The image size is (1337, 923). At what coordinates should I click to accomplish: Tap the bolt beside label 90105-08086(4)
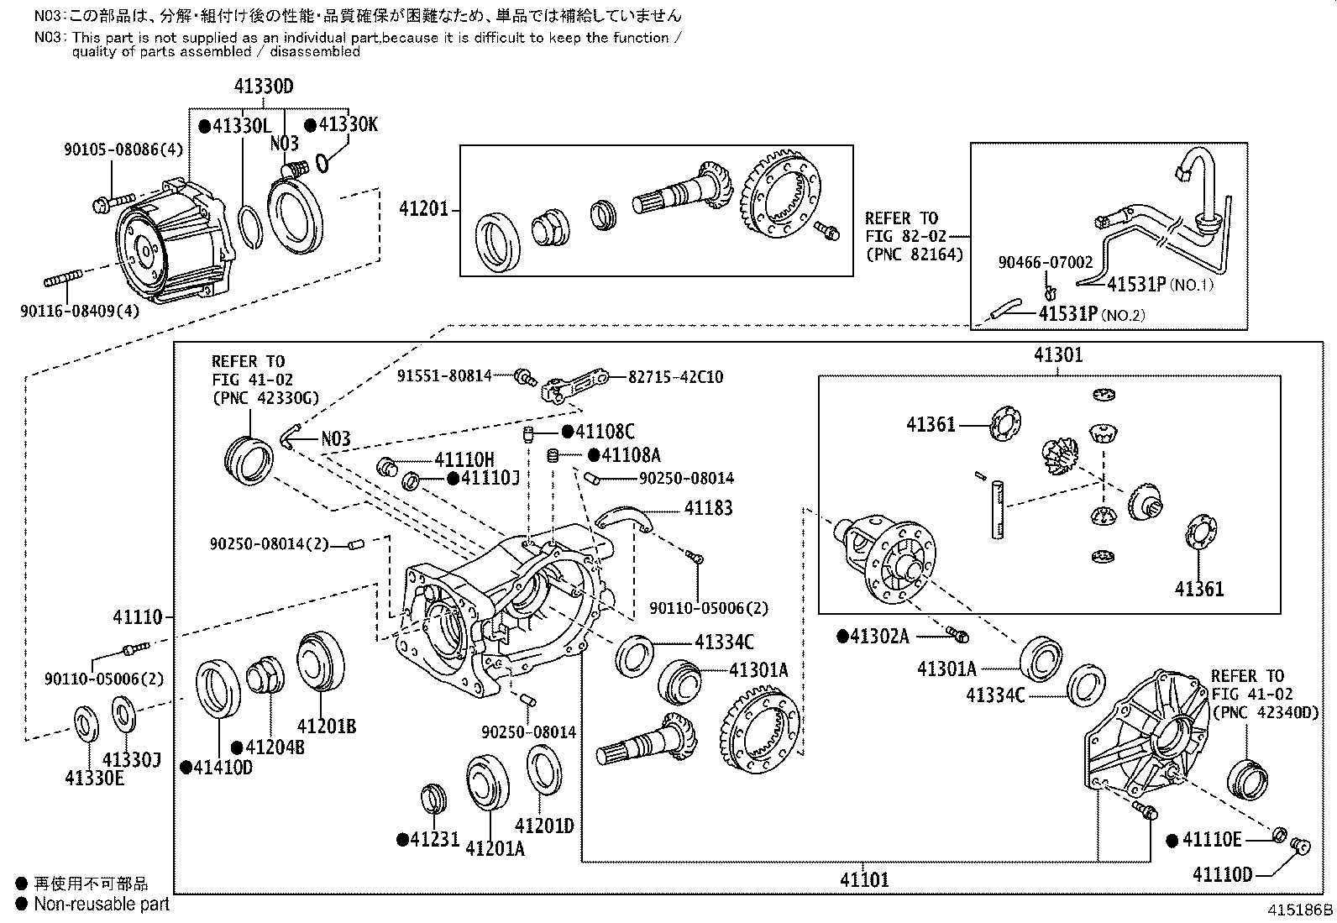(x=111, y=202)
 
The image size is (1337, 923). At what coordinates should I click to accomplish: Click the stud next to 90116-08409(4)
(x=65, y=277)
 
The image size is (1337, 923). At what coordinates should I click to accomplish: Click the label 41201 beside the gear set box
(x=426, y=209)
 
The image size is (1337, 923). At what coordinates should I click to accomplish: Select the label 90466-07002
(x=1045, y=262)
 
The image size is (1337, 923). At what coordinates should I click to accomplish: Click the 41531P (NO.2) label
(x=1091, y=314)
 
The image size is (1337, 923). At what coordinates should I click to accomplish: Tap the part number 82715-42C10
(x=675, y=377)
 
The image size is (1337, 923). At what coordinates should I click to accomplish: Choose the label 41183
(x=708, y=508)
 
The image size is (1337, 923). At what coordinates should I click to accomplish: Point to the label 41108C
(x=604, y=432)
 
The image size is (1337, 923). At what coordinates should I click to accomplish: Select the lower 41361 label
(x=1198, y=588)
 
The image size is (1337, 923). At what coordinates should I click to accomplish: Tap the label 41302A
(x=878, y=636)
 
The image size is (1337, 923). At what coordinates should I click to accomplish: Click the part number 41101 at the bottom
(x=863, y=879)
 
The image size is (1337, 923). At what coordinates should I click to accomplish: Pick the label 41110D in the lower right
(x=1222, y=874)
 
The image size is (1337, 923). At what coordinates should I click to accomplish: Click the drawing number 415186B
(x=1299, y=910)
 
